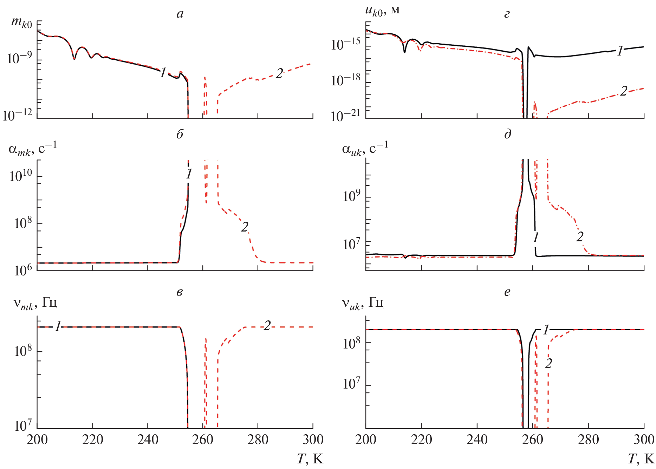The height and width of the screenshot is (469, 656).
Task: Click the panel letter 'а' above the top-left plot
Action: tap(180, 14)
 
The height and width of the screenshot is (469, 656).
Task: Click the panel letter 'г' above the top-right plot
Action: tap(507, 14)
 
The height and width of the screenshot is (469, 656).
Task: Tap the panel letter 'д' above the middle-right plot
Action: tap(508, 134)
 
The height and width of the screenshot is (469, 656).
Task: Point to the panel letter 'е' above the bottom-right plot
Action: tap(507, 292)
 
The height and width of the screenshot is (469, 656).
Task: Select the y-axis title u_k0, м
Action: tap(382, 11)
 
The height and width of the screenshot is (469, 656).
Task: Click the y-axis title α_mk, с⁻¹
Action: tap(32, 149)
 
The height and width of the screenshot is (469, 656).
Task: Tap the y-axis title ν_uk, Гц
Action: tap(363, 303)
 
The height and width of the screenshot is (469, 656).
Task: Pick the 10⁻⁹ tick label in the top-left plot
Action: tap(19, 58)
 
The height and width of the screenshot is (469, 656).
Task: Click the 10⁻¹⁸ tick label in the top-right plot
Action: tap(346, 80)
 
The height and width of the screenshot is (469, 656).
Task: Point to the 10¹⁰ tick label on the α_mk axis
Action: tap(21, 175)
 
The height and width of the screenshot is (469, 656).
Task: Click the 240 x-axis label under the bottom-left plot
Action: tap(148, 439)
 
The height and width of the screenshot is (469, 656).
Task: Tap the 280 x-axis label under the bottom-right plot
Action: tap(588, 439)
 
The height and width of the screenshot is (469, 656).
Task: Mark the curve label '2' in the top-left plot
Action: tap(279, 74)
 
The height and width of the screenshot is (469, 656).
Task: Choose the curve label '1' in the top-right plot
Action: tap(620, 51)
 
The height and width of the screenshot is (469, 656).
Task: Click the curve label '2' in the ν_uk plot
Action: tap(548, 364)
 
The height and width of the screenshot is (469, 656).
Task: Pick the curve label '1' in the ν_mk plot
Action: tap(58, 327)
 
